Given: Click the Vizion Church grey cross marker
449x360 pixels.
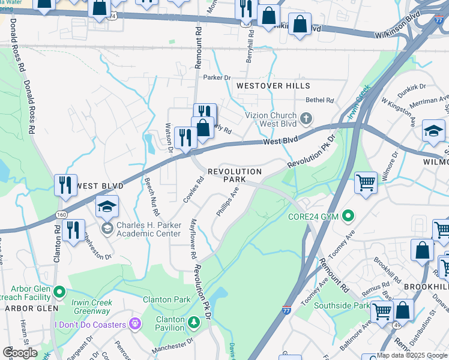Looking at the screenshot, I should tap(307, 118).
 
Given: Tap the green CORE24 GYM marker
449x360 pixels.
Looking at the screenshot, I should tap(348, 215).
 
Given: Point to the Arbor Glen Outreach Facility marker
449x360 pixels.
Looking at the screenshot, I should tap(59, 292).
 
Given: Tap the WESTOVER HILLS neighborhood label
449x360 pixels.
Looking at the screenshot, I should tap(273, 86).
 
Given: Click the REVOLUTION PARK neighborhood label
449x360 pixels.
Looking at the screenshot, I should tap(235, 175).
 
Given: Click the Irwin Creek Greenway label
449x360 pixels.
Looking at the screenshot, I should tap(91, 307).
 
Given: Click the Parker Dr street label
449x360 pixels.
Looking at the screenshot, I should tap(217, 77).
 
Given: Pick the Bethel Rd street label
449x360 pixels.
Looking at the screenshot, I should tap(319, 100).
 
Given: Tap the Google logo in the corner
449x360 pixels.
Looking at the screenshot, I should tap(20, 353).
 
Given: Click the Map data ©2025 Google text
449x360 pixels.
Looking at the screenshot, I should tap(412, 355).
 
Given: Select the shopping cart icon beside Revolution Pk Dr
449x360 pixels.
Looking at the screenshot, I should tap(366, 182).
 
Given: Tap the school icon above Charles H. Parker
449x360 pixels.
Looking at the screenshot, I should tap(107, 207).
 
